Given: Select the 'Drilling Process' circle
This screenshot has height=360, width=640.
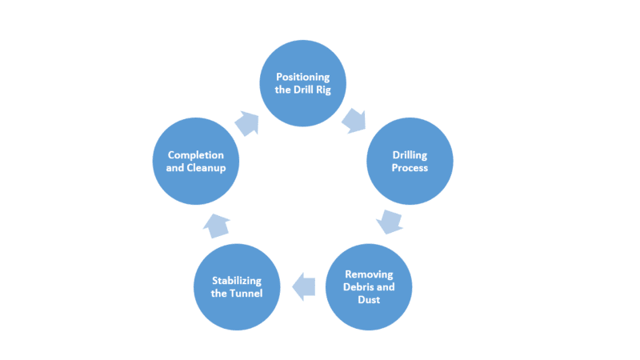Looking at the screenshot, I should pyautogui.click(x=410, y=161).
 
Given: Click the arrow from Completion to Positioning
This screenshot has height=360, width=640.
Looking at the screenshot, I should pyautogui.click(x=248, y=122).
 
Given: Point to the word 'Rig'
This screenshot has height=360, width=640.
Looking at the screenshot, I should pyautogui.click(x=331, y=89).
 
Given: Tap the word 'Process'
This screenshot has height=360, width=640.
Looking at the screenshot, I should pyautogui.click(x=410, y=168).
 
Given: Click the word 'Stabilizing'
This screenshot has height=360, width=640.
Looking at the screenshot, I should pyautogui.click(x=237, y=280).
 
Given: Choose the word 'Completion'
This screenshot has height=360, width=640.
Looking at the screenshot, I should pyautogui.click(x=196, y=154).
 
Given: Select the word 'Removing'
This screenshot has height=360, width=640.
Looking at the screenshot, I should pyautogui.click(x=370, y=274).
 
